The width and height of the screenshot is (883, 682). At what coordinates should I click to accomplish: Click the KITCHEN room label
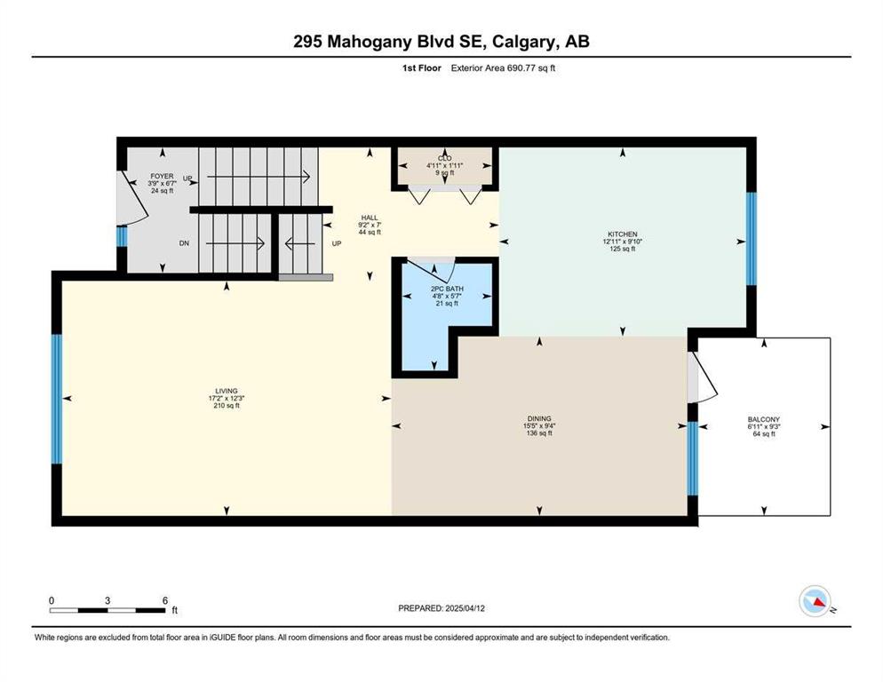pyautogui.click(x=622, y=234)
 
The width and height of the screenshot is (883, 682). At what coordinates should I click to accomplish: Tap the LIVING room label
pyautogui.click(x=227, y=391)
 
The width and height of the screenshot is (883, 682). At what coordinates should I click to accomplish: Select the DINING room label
pyautogui.click(x=539, y=418)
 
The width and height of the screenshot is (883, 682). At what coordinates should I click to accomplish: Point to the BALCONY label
pyautogui.click(x=764, y=419)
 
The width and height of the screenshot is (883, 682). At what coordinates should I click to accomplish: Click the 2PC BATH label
pyautogui.click(x=447, y=289)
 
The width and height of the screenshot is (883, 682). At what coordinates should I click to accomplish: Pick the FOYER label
pyautogui.click(x=162, y=177)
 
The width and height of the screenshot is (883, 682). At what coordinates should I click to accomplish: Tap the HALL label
pyautogui.click(x=370, y=218)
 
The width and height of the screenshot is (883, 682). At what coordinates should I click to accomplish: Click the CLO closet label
pyautogui.click(x=445, y=158)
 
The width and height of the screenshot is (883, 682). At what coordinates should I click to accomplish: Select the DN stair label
pyautogui.click(x=184, y=243)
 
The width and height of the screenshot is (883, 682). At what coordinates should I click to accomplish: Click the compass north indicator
pyautogui.click(x=815, y=601)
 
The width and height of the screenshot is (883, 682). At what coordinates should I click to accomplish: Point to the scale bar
pyautogui.click(x=107, y=610)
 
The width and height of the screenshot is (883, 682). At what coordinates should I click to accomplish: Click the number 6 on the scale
pyautogui.click(x=165, y=600)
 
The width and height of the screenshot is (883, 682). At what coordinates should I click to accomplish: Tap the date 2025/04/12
pyautogui.click(x=465, y=608)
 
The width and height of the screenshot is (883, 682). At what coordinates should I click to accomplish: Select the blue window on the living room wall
pyautogui.click(x=56, y=400)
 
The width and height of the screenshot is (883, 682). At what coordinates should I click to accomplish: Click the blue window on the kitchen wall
pyautogui.click(x=751, y=239)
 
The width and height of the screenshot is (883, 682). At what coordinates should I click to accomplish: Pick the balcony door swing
pyautogui.click(x=703, y=377)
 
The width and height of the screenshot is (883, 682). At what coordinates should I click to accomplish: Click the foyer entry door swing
pyautogui.click(x=133, y=197)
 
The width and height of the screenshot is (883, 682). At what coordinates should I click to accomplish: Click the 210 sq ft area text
pyautogui.click(x=227, y=406)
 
